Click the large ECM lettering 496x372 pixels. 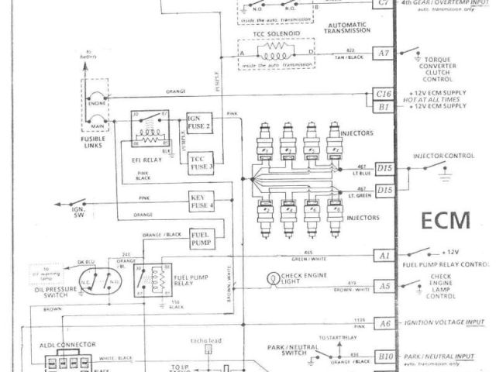point(445,221)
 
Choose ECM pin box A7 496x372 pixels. point(384,53)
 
